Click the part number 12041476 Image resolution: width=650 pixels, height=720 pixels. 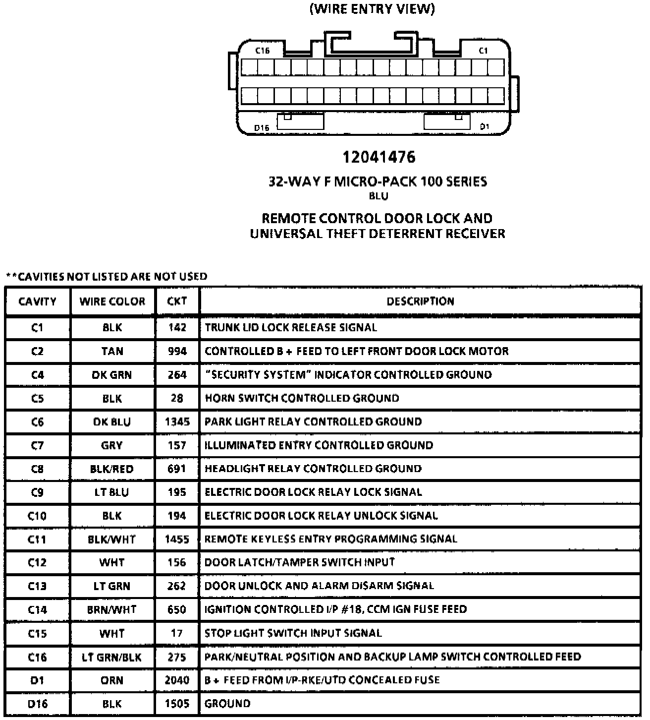point(379,157)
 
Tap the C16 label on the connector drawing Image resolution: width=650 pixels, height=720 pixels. point(262,51)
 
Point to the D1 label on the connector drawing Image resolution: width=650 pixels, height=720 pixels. point(484,127)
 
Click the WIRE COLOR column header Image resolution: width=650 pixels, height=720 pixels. point(112,301)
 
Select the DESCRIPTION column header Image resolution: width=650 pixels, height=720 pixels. point(420,301)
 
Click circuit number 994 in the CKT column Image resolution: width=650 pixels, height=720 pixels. point(177,352)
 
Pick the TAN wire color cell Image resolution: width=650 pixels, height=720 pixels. point(112,352)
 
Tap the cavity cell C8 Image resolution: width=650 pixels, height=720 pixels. point(37,469)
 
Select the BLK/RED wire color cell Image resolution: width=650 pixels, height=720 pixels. point(112,469)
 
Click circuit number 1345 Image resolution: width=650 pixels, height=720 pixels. point(177,422)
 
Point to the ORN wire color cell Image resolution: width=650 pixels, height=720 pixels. point(112,680)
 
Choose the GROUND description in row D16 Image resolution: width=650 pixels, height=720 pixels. point(227,704)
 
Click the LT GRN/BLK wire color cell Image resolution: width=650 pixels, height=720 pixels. point(112,658)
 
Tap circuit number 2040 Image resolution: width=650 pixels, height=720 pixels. point(177,680)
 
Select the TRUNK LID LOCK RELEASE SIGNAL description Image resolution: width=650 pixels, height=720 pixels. point(291,328)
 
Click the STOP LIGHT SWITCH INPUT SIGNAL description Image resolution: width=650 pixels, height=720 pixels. point(293,633)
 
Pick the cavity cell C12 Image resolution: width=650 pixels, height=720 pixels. point(37,563)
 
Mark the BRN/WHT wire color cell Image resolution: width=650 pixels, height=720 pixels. point(112,610)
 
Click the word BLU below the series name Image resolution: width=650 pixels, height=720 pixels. point(379,196)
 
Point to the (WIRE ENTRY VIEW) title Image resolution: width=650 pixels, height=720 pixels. point(372,9)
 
